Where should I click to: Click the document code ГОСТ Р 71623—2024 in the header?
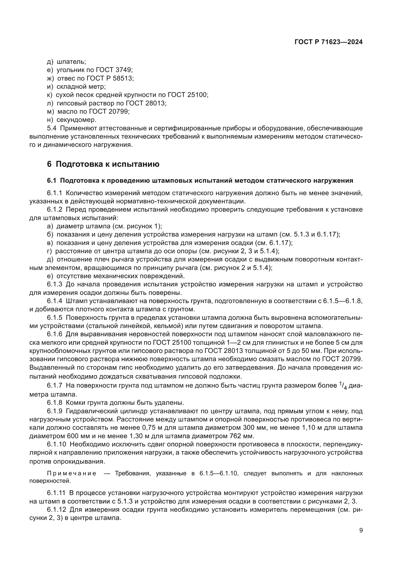point(329,42)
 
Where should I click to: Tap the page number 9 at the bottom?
point(361,530)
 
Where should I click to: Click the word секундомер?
point(76,120)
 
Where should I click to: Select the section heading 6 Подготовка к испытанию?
point(103,164)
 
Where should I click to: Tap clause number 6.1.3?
point(55,284)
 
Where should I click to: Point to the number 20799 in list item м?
point(119,111)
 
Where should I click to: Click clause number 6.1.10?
point(56,444)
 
